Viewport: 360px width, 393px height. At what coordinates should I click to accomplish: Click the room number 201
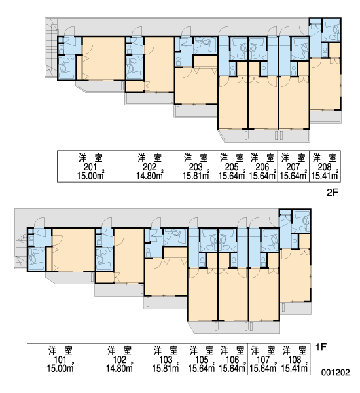coord(91,167)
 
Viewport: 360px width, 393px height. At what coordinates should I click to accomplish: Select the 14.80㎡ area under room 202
coord(149,176)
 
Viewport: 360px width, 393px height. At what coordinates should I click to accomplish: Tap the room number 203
coord(196,167)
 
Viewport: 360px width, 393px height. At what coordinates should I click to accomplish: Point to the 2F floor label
coord(333,193)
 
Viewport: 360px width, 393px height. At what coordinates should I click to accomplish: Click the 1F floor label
coord(321,347)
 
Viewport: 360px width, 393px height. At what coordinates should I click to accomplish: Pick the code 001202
coord(335,373)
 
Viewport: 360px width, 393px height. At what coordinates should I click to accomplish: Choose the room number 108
coord(295,360)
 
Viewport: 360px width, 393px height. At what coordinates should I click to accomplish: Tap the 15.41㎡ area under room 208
coord(325,176)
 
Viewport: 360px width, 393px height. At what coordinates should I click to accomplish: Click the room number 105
coord(202,360)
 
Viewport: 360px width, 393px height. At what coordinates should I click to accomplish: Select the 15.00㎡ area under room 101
coord(60,368)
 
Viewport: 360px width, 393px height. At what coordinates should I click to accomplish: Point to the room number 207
coord(293,167)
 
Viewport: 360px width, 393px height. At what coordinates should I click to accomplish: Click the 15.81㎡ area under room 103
coord(166,368)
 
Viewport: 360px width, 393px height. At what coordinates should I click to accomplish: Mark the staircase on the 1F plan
coord(21,252)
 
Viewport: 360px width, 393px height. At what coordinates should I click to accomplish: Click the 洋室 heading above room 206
coord(262,158)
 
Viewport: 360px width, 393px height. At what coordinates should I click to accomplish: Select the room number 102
coord(120,360)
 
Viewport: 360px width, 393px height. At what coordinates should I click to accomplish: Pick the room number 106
coord(232,360)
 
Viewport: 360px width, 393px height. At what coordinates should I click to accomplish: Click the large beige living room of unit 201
coord(103,58)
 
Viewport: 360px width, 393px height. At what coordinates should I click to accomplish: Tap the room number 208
coord(325,167)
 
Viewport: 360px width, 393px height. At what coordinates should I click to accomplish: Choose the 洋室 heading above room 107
coord(262,350)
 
